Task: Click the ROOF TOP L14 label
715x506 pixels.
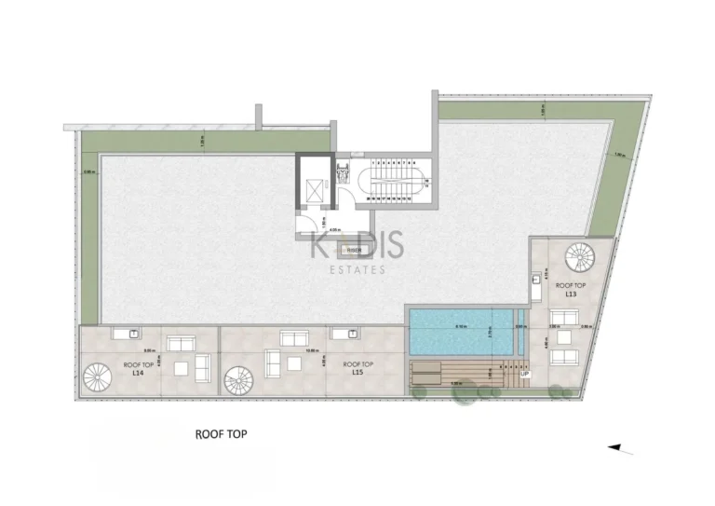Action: pyautogui.click(x=137, y=368)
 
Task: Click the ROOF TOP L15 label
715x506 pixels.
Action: pyautogui.click(x=357, y=368)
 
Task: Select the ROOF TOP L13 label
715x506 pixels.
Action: pyautogui.click(x=570, y=289)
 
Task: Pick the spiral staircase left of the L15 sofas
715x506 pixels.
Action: pyautogui.click(x=238, y=378)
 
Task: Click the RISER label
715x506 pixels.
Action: pyautogui.click(x=354, y=250)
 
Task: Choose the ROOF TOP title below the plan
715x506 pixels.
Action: pyautogui.click(x=221, y=433)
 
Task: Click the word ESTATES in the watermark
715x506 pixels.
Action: pyautogui.click(x=357, y=270)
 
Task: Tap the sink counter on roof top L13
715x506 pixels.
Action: pyautogui.click(x=538, y=284)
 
